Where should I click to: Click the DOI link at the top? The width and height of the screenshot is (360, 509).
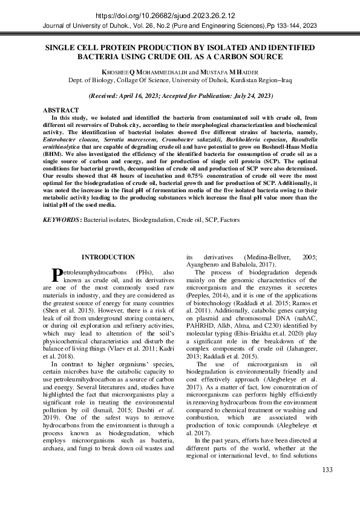pos(180,15)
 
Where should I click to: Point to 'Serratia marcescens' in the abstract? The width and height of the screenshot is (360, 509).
pos(120,138)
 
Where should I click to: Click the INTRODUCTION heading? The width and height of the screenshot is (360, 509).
pos(108,258)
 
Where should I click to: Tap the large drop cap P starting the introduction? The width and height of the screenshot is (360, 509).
pos(58,275)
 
